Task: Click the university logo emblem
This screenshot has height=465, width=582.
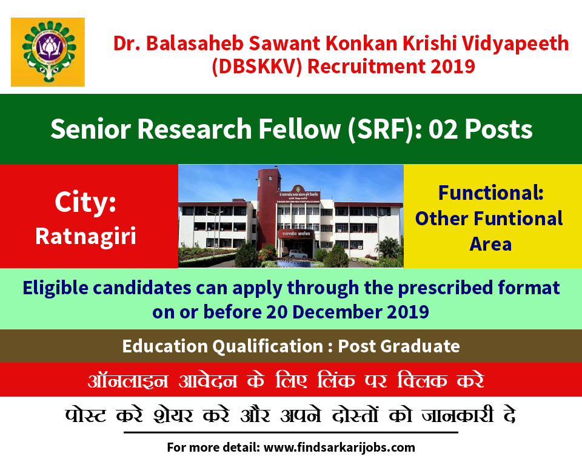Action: [x=48, y=52]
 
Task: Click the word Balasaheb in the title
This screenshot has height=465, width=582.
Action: [x=195, y=44]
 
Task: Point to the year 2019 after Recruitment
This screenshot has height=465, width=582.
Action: [x=453, y=67]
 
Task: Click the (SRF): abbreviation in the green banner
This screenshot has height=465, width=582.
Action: [x=385, y=130]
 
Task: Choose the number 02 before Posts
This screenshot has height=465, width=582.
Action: [x=444, y=130]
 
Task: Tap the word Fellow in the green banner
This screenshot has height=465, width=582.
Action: [x=299, y=129]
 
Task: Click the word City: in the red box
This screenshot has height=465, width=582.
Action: [x=85, y=202]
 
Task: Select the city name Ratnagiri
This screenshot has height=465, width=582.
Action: [x=85, y=236]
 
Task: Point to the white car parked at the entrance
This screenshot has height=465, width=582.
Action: [x=298, y=254]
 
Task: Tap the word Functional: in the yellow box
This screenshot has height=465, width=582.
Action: [x=490, y=193]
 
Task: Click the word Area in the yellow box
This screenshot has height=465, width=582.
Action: [x=490, y=244]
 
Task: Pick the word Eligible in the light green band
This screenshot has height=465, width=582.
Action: [x=56, y=288]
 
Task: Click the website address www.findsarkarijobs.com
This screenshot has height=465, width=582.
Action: [x=339, y=447]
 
